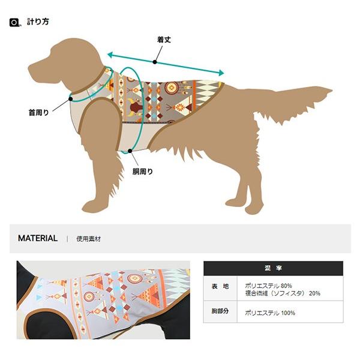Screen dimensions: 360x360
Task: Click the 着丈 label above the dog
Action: click(164, 40)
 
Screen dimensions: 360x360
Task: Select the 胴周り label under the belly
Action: click(142, 172)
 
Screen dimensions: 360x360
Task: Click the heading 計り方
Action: click(38, 22)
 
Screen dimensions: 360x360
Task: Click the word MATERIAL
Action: click(38, 238)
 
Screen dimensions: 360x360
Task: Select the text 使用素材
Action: click(89, 239)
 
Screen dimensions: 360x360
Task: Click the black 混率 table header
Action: click(273, 268)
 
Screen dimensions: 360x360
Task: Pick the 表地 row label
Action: click(217, 287)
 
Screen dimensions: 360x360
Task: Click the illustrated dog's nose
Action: click(30, 64)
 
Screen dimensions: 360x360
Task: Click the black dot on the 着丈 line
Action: click(155, 62)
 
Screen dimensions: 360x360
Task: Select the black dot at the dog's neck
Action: click(70, 98)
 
